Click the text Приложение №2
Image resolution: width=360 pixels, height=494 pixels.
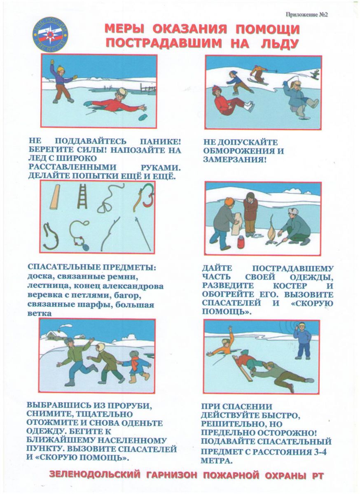306,14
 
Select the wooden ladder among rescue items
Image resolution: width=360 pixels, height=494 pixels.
82,196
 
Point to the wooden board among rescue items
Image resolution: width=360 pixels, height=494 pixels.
55,197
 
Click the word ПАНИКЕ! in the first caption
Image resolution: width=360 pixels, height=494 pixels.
160,141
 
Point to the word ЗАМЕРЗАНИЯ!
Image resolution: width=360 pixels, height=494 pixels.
234,159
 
